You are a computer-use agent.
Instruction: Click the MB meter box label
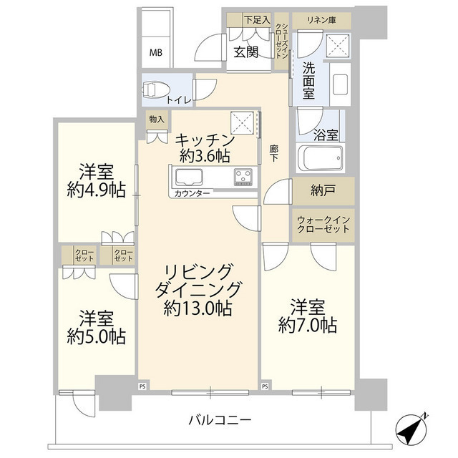pyautogui.click(x=155, y=52)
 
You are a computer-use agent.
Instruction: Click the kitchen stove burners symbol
pyautogui.click(x=242, y=176)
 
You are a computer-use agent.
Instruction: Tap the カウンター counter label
pyautogui.click(x=191, y=194)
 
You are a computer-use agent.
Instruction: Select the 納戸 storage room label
pyautogui.click(x=323, y=191)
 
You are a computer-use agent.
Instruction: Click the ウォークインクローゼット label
pyautogui.click(x=323, y=224)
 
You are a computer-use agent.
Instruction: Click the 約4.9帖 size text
pyautogui.click(x=97, y=190)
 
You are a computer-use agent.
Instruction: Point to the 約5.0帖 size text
pyautogui.click(x=96, y=336)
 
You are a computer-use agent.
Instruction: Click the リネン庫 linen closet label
pyautogui.click(x=321, y=20)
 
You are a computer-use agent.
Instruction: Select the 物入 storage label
pyautogui.click(x=156, y=119)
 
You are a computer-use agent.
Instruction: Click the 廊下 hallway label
pyautogui.click(x=274, y=154)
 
